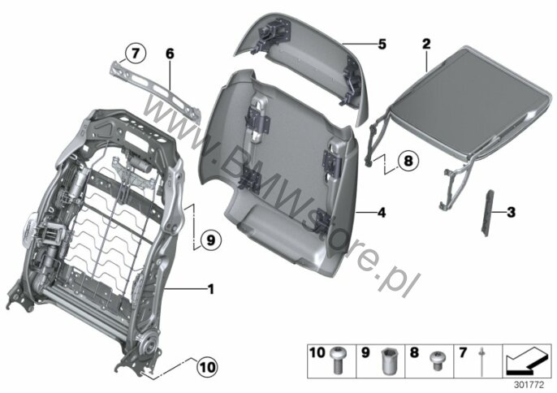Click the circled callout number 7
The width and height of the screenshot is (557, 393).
point(135,54)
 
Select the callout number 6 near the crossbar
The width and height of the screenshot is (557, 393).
point(170,54)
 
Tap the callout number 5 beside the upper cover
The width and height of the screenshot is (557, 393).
point(382,45)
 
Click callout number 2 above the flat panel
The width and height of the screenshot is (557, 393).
point(426,44)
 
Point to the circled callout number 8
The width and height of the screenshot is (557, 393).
point(408,161)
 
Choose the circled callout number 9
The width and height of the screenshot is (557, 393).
point(210,240)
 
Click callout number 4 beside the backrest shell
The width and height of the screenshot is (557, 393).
point(382,213)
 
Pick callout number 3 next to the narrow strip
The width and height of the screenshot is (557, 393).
point(511,213)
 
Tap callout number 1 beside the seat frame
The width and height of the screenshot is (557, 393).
point(211,289)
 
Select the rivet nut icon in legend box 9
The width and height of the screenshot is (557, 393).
point(386,361)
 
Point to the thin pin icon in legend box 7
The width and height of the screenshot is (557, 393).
point(481,361)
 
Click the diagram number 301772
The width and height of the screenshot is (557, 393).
point(529,385)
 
